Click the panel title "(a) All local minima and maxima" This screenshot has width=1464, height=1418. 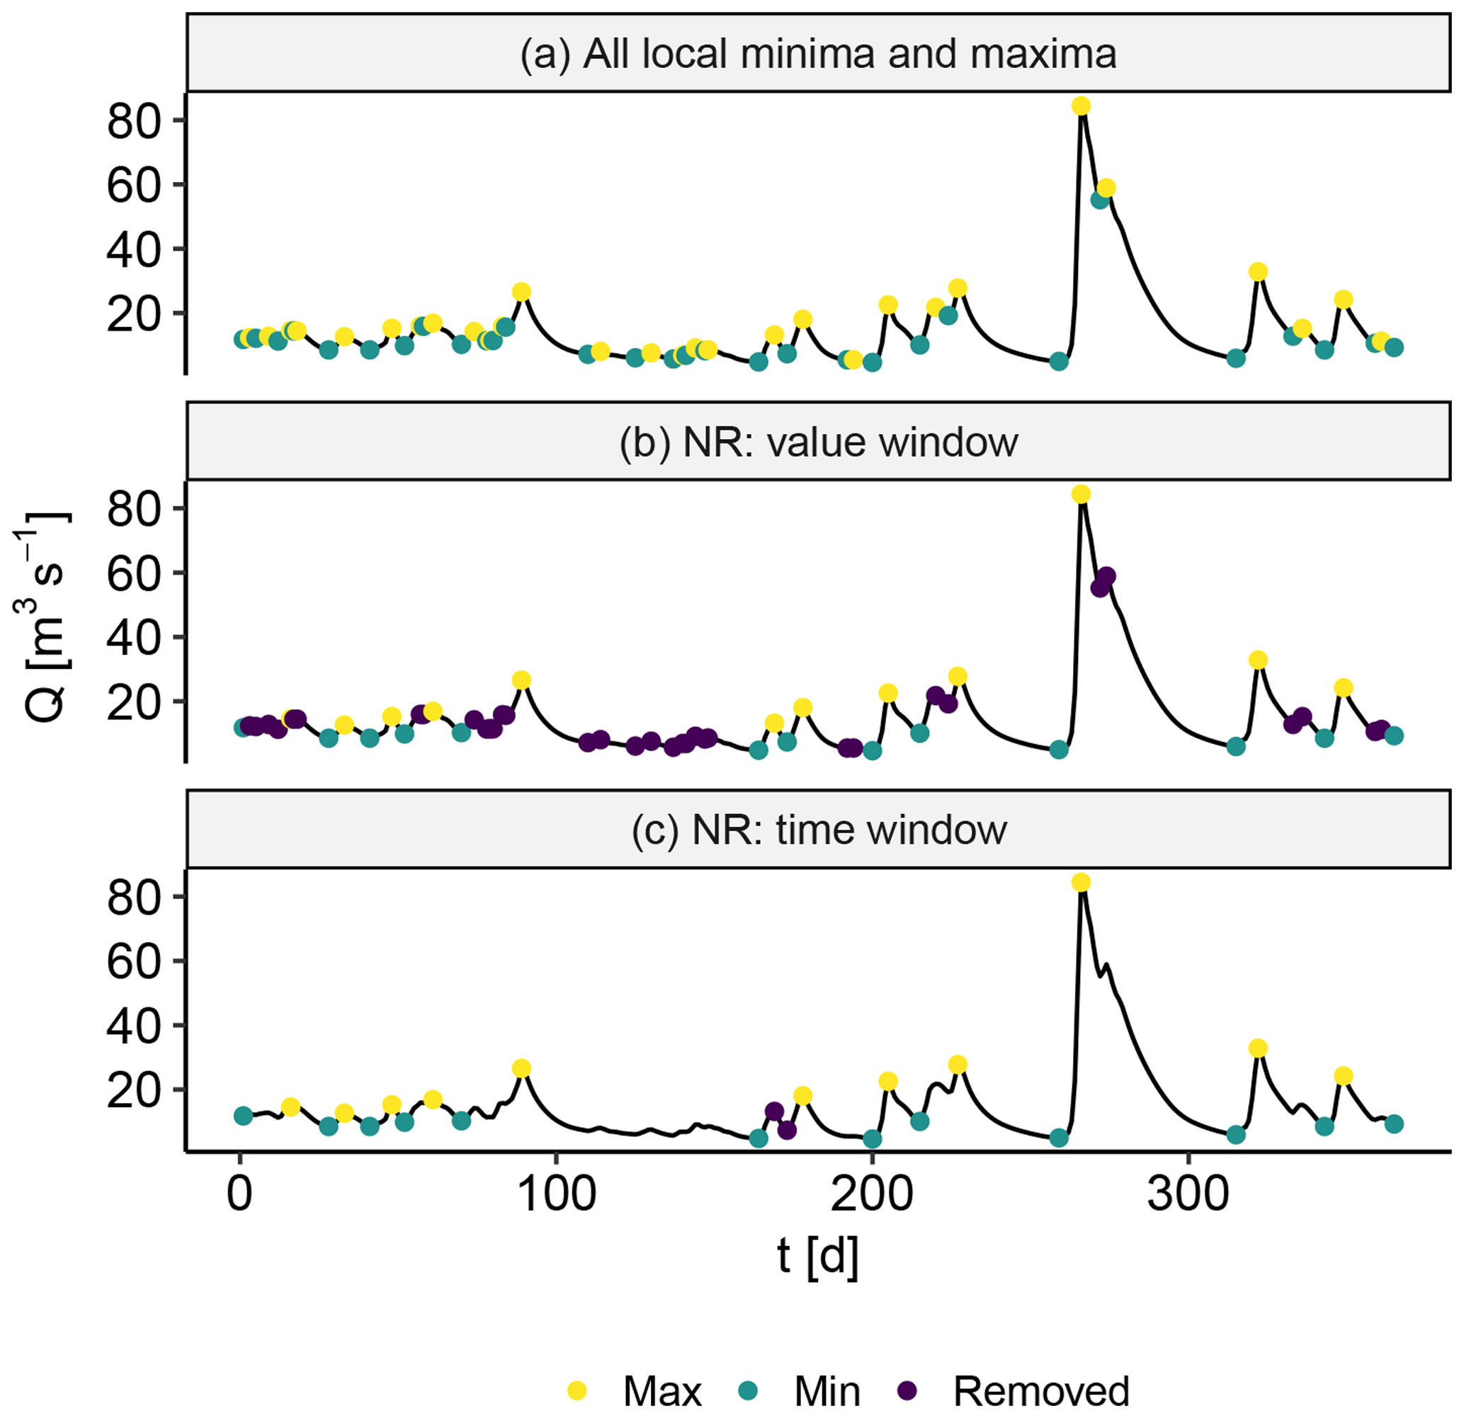coord(818,55)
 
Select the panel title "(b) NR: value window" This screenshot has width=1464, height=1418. coord(818,442)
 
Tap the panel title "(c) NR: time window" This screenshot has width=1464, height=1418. coord(818,830)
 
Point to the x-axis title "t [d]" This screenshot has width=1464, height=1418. coord(818,1257)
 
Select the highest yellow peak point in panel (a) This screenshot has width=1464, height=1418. coord(1081,106)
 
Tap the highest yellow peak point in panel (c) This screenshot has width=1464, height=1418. coord(1081,883)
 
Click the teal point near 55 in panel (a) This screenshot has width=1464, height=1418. coord(1099,200)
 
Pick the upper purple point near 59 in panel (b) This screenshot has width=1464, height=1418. coord(1107,576)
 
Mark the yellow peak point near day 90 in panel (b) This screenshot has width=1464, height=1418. coord(521,680)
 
